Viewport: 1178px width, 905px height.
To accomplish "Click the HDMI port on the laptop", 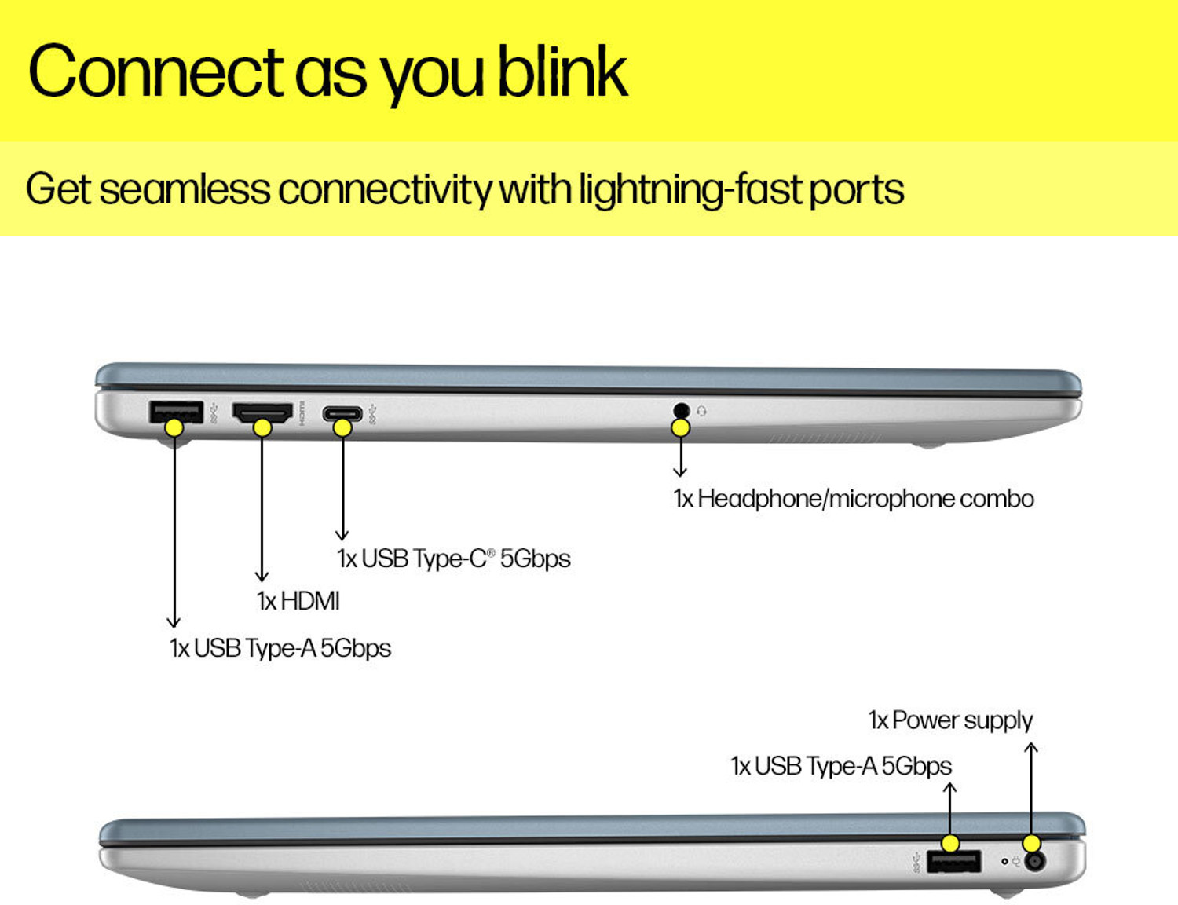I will point(262,411).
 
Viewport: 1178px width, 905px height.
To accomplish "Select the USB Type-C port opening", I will point(342,412).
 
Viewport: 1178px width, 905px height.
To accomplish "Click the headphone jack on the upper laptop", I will point(681,409).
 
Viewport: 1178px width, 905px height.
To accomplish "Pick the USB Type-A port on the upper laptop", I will point(176,411).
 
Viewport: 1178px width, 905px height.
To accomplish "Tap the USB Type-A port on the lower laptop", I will point(953,862).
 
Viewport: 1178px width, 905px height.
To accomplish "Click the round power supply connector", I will point(1036,861).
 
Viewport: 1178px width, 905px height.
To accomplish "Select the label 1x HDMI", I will point(298,601).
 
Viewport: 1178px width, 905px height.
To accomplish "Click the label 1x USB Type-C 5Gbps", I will point(453,559).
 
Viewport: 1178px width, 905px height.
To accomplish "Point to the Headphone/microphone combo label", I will point(854,499).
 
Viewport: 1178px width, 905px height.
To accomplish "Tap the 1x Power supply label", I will point(950,720).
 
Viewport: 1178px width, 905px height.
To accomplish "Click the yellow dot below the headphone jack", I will point(680,427).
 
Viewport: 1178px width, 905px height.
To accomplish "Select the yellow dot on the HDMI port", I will point(262,427).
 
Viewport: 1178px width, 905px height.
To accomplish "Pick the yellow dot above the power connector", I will point(1032,843).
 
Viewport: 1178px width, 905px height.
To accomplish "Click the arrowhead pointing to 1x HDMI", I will point(262,577).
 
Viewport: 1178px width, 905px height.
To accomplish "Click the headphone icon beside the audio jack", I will point(701,411).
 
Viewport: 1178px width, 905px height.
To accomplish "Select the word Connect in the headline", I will point(155,72).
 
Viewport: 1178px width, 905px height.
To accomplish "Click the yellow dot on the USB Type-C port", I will point(342,427).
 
